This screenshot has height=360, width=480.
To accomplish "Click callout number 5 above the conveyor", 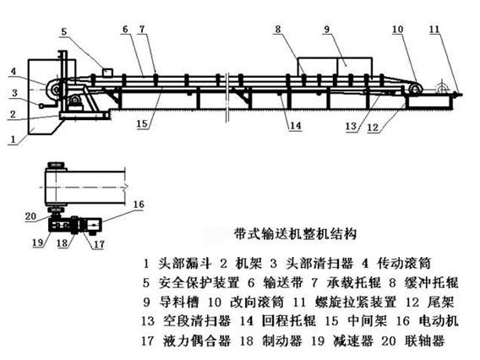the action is click(63, 31).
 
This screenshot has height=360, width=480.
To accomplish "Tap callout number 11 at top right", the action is click(434, 30).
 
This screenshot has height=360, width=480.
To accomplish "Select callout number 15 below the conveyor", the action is click(142, 124).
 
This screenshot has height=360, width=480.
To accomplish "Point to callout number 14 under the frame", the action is click(296, 126).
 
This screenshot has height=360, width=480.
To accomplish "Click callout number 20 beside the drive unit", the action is click(30, 216).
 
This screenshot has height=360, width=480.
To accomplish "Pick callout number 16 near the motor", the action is click(139, 205).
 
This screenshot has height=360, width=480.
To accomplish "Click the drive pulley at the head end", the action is click(56, 89).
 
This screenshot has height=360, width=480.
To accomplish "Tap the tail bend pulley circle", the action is click(416, 90).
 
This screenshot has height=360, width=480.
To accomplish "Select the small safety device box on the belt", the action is click(108, 72).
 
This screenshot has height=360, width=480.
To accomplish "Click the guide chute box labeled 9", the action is click(335, 66).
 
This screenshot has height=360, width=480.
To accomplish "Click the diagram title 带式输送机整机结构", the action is click(296, 234).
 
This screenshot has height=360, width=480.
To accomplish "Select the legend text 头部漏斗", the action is click(184, 264).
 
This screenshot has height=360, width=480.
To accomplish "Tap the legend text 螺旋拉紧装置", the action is click(356, 303).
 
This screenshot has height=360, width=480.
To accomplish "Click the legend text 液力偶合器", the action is click(197, 341).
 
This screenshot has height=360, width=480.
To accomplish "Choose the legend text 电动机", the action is click(439, 321).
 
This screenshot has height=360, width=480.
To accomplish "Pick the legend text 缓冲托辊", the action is click(431, 282).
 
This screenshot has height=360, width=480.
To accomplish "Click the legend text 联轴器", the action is click(424, 341).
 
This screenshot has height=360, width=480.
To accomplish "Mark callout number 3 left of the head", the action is click(14, 93).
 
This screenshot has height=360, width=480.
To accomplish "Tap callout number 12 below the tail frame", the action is click(373, 127).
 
